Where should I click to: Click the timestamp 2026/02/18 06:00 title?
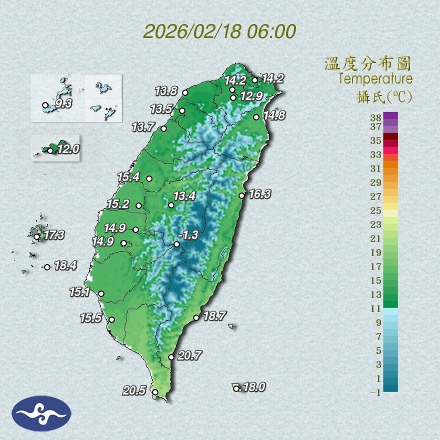click(x=220, y=31)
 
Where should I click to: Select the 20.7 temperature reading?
click(x=189, y=356)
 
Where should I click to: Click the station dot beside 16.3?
click(x=241, y=195)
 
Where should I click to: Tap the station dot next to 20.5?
click(x=155, y=392)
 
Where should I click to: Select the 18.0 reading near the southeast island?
click(x=253, y=387)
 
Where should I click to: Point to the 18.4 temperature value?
click(x=65, y=266)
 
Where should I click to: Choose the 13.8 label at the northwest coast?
click(x=166, y=91)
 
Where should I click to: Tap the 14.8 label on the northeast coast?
click(x=274, y=115)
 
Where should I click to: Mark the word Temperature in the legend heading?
click(x=375, y=79)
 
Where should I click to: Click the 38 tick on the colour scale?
click(x=376, y=117)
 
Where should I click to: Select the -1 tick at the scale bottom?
click(x=375, y=392)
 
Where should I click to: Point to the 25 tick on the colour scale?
click(x=376, y=210)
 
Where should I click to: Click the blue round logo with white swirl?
click(x=41, y=413)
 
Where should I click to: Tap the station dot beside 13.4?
click(x=171, y=205)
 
